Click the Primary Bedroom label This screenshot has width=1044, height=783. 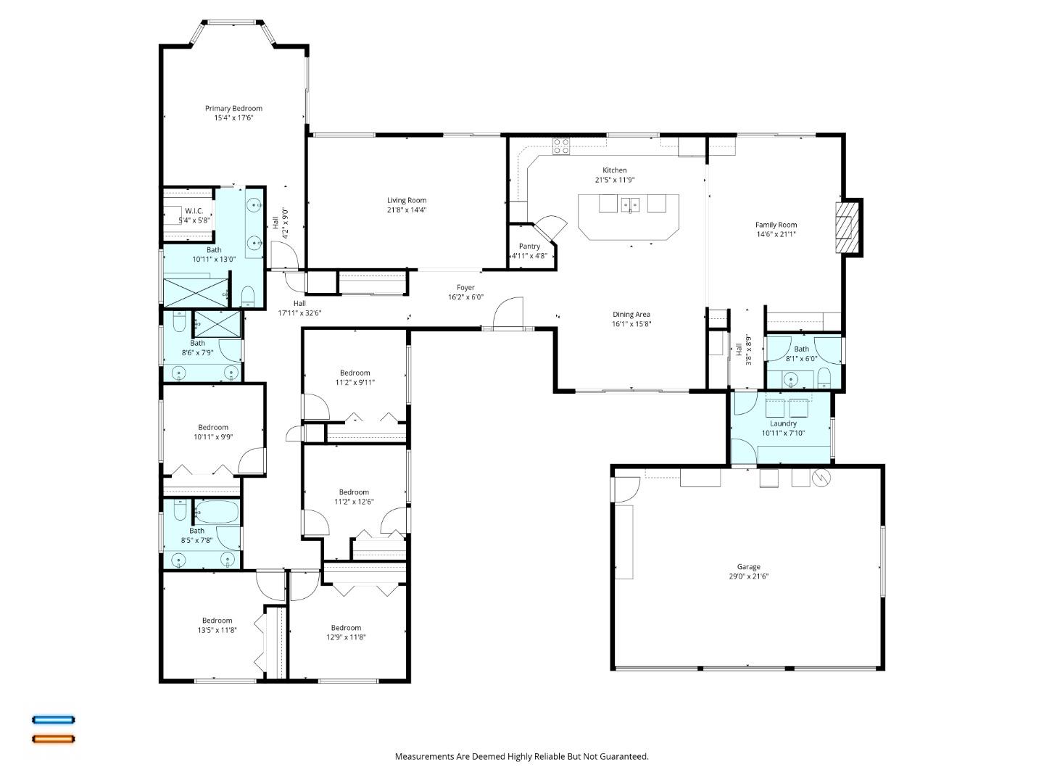233,108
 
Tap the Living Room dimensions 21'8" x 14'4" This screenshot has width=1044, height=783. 406,210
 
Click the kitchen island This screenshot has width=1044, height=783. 629,216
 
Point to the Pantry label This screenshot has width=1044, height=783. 529,246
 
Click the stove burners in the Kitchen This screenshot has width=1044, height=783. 561,146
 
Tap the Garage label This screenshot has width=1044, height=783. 748,567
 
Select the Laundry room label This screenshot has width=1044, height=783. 783,423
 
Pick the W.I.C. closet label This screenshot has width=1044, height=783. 193,211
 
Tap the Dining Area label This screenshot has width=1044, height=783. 631,315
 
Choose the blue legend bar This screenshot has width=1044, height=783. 53,720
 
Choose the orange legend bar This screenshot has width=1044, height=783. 53,739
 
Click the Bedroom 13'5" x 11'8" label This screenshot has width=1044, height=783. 217,621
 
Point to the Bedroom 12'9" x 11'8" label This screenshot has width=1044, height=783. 346,628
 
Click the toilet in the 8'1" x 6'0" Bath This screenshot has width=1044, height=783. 824,376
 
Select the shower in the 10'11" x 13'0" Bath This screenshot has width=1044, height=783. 193,290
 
